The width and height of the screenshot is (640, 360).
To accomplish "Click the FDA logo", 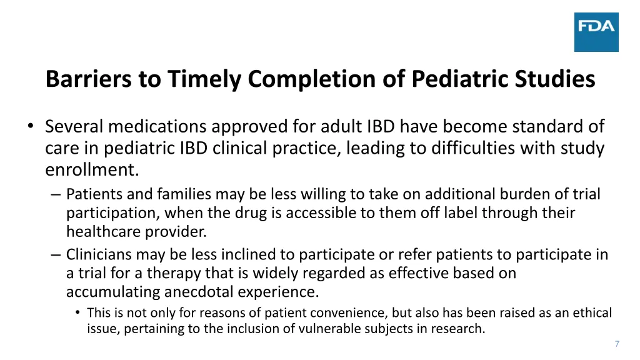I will pyautogui.click(x=596, y=32).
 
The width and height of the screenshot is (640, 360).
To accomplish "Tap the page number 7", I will pyautogui.click(x=617, y=344).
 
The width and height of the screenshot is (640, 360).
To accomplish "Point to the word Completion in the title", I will pyautogui.click(x=288, y=79).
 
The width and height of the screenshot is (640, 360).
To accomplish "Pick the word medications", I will pyautogui.click(x=157, y=127).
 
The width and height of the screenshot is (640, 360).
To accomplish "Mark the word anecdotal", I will pyautogui.click(x=202, y=292).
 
